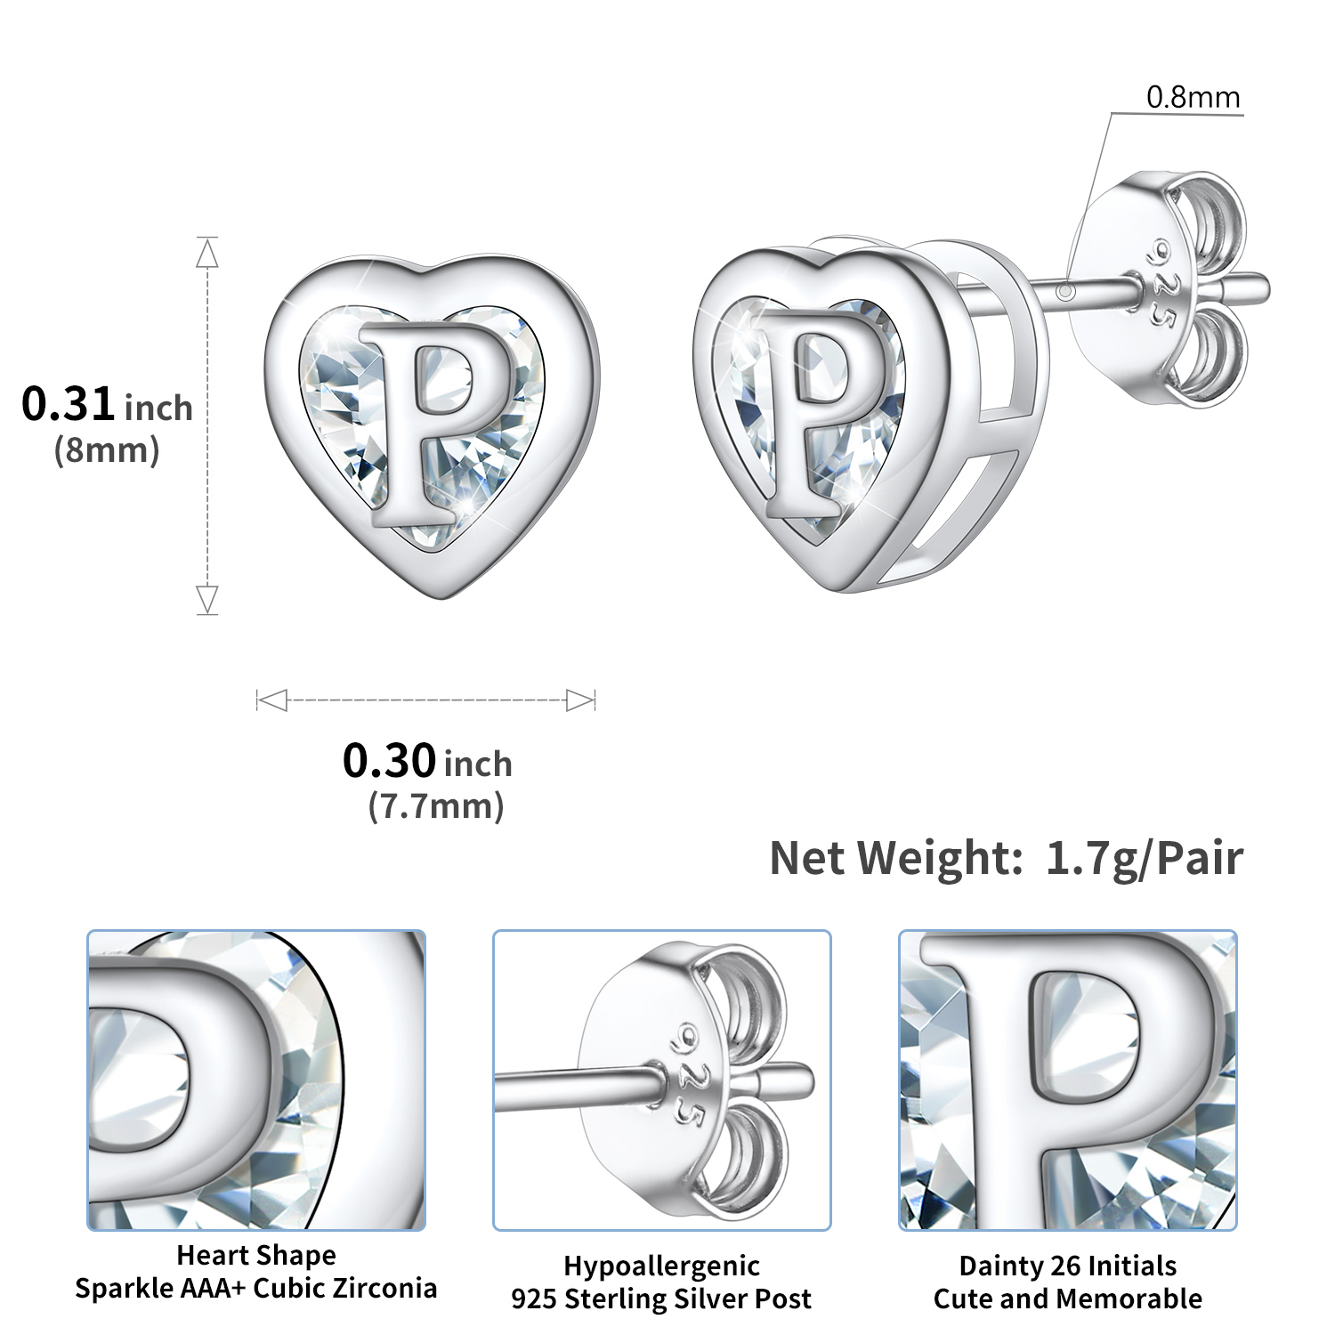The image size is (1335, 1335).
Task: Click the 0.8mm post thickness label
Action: tap(1193, 97)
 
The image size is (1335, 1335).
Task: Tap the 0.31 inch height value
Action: tap(107, 405)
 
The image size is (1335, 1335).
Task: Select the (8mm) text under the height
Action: tap(107, 450)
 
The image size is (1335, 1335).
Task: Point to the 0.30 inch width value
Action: tap(427, 762)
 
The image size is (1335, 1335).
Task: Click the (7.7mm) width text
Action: tap(436, 806)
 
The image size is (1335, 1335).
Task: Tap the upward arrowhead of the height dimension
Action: tap(207, 255)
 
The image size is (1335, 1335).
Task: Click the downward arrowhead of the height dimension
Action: tap(207, 599)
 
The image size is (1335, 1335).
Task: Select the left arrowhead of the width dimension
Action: tap(271, 700)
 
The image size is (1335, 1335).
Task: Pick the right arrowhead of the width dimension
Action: tap(580, 700)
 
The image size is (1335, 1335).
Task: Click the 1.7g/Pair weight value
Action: tap(1144, 859)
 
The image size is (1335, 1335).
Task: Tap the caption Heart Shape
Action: tap(256, 1255)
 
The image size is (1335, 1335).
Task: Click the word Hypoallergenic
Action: tap(661, 1266)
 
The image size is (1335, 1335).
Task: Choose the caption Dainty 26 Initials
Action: tap(1067, 1266)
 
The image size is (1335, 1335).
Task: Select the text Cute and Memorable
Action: tap(1067, 1299)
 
